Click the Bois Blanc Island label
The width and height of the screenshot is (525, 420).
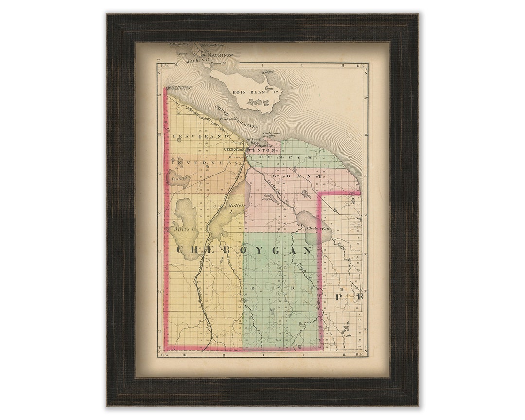coord(249,92)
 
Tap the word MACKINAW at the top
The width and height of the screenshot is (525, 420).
coord(220,55)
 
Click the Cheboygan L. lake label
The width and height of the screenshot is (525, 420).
coord(318,229)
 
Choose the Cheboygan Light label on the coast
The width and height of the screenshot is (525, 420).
coord(272,134)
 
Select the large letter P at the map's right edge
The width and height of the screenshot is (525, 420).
coord(341,296)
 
